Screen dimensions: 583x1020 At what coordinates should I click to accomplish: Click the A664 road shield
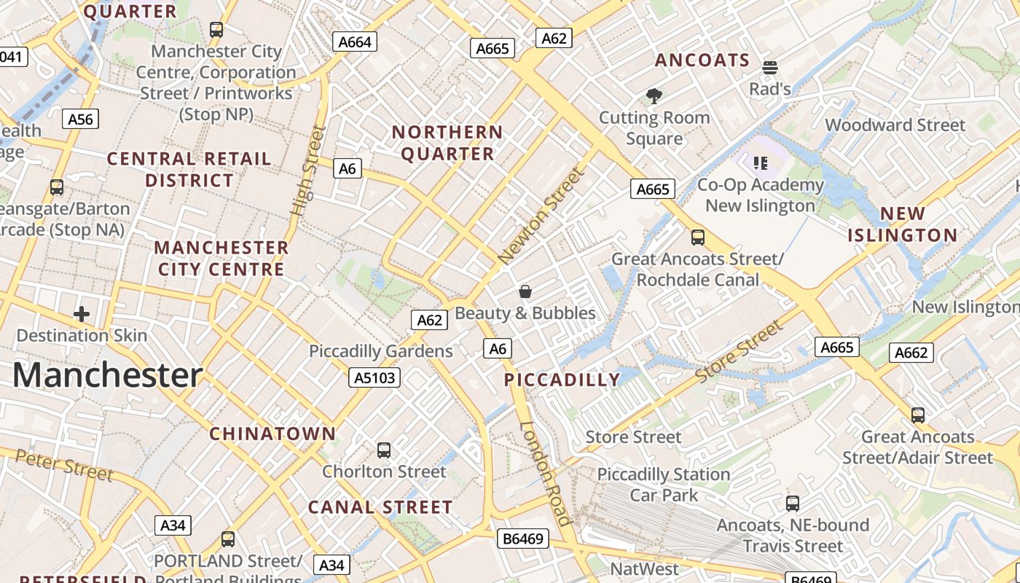[x=356, y=42]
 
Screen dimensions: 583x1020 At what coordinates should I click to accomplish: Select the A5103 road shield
[x=374, y=377]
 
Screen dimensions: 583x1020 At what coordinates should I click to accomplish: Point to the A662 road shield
[x=911, y=353]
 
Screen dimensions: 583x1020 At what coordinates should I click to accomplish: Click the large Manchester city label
[x=108, y=375]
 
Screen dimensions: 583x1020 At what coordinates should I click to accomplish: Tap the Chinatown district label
[x=273, y=434]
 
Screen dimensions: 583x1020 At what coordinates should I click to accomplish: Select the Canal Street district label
[x=380, y=507]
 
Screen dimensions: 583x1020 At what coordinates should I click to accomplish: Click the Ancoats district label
[x=702, y=60]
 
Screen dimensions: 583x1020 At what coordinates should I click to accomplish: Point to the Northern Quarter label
[x=447, y=143]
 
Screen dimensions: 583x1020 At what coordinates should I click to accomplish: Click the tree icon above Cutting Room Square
[x=654, y=95]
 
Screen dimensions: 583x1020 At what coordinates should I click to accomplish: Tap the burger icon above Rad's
[x=770, y=68]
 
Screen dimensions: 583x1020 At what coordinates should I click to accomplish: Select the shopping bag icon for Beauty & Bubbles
[x=525, y=292]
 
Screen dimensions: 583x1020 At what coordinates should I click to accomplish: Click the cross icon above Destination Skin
[x=82, y=314]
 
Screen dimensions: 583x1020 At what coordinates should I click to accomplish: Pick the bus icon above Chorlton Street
[x=384, y=450]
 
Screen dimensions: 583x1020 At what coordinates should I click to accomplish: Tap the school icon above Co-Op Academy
[x=761, y=163]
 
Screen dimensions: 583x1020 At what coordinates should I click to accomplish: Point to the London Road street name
[x=545, y=473]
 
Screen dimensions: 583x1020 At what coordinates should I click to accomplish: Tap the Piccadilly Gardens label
[x=381, y=351]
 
